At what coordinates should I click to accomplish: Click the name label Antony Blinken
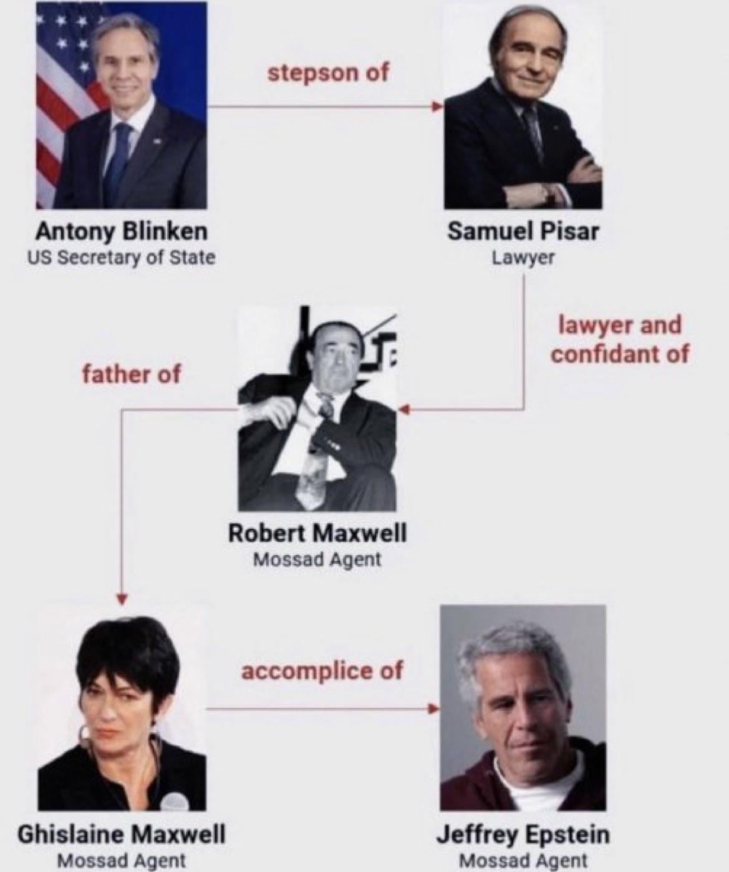121,231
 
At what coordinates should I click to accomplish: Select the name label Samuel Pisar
523,231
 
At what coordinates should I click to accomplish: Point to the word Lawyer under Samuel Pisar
523,258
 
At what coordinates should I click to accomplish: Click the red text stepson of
328,74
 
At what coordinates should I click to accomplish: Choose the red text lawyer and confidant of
620,339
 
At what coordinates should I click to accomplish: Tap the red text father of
132,374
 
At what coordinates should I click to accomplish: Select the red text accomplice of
322,671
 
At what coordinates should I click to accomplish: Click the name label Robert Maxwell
317,533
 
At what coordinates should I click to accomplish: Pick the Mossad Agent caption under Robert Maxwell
317,560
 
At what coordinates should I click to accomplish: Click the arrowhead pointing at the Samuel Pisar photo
437,106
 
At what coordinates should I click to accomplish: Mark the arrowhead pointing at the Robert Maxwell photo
403,410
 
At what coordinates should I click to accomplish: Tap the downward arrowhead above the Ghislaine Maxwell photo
121,598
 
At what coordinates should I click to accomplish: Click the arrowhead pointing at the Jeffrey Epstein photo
435,709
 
